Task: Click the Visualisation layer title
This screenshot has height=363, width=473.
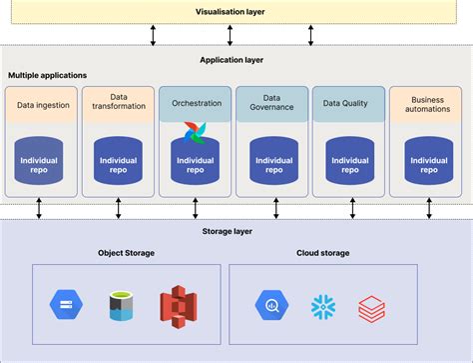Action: [235, 12]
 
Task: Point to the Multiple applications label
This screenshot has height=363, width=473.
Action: [47, 76]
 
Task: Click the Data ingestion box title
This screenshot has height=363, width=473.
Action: [43, 104]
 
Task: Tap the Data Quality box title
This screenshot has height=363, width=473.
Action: [348, 104]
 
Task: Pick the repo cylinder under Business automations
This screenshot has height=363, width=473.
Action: [427, 162]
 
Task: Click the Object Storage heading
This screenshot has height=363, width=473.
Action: [126, 253]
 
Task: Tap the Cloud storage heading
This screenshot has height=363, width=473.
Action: [322, 253]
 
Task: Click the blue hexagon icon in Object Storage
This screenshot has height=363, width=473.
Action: [66, 306]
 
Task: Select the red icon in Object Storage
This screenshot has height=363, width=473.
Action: [177, 306]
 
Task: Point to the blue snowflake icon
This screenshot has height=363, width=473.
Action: [322, 306]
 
